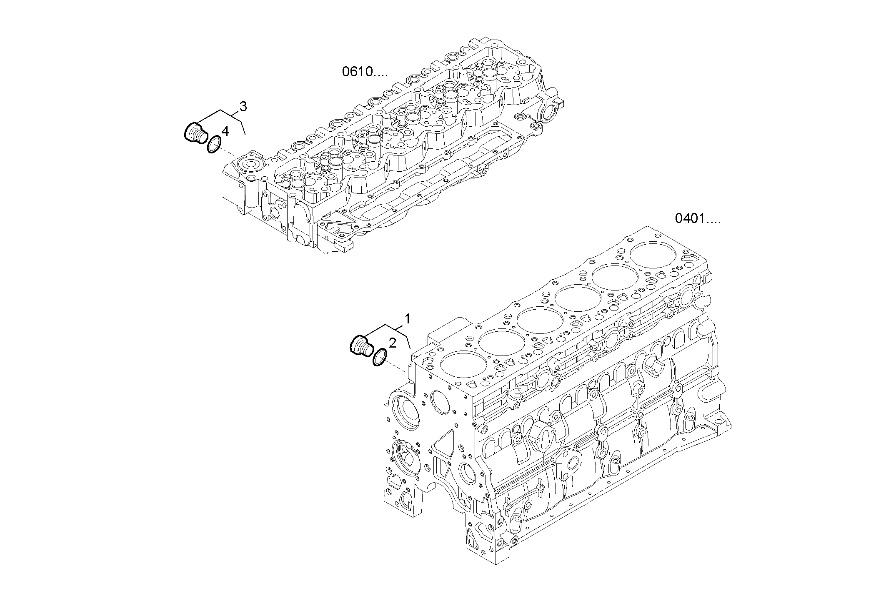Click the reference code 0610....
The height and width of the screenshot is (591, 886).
(364, 72)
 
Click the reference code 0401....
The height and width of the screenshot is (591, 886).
(697, 219)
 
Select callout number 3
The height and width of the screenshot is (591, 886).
(243, 107)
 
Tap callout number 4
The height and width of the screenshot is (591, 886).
(225, 132)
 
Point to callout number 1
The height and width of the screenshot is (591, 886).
(408, 319)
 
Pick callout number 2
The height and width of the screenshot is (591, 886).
(392, 343)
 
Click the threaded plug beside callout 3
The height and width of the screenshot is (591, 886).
(195, 133)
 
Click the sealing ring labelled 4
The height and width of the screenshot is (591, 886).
(214, 145)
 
